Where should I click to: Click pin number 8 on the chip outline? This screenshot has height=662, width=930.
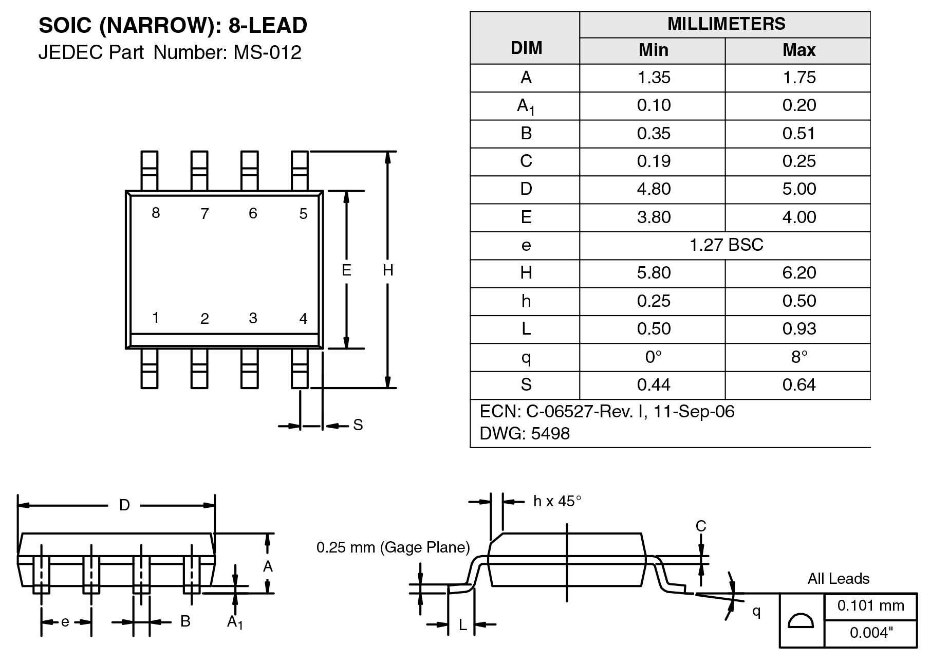[156, 213]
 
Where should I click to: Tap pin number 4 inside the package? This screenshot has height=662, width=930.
[303, 319]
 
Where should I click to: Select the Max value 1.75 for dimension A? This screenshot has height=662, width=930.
[798, 78]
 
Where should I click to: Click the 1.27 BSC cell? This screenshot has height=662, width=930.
[726, 245]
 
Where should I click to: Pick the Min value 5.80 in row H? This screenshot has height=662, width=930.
[654, 273]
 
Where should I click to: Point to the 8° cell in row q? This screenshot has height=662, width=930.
[798, 357]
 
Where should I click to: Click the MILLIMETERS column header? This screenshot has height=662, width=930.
[726, 24]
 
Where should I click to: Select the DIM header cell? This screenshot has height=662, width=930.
[526, 48]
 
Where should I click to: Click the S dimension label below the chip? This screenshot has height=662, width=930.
[358, 425]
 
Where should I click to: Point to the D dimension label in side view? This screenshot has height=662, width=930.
[124, 505]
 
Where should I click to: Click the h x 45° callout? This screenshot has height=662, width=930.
[557, 501]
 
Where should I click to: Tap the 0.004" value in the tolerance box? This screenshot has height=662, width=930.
[871, 633]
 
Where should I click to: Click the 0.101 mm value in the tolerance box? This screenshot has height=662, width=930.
[870, 605]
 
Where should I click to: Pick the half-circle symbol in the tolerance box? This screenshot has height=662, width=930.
[801, 621]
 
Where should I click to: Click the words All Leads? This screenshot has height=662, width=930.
[838, 579]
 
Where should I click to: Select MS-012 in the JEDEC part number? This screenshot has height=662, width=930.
[268, 52]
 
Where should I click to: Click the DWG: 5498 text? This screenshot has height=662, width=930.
[525, 434]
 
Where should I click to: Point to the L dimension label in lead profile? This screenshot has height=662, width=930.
[462, 624]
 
